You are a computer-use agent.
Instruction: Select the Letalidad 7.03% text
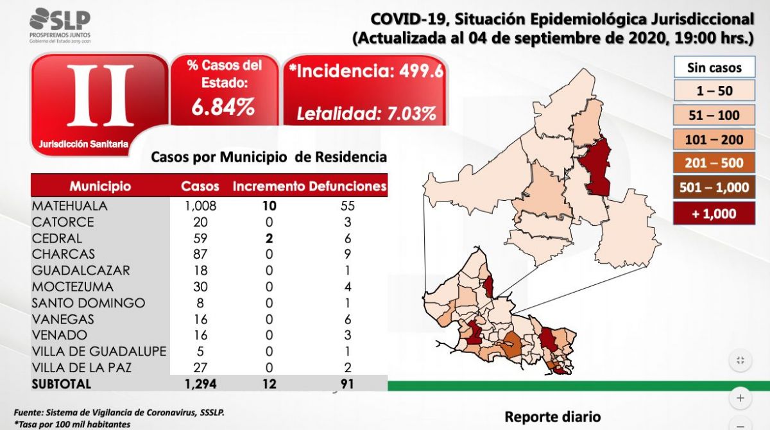(366, 114)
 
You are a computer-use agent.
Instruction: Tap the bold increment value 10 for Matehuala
(269, 206)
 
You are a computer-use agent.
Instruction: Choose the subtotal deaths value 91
(347, 384)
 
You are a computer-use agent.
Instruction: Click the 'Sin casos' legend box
(714, 67)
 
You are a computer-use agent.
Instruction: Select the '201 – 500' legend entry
(714, 163)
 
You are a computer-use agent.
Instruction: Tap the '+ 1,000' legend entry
(714, 214)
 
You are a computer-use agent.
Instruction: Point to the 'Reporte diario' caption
(552, 417)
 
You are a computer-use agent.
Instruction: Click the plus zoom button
(740, 398)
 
